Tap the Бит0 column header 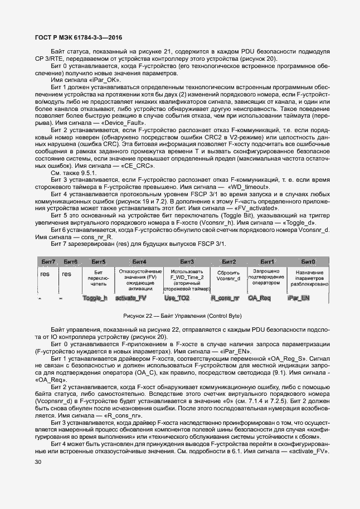click(x=308, y=261)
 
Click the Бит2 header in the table click(x=229, y=261)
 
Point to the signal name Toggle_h click(x=94, y=298)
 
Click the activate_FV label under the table click(x=130, y=298)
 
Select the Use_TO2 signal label click(x=177, y=298)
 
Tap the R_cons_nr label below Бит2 click(x=225, y=298)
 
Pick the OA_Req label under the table click(x=259, y=298)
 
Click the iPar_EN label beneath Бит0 click(x=299, y=298)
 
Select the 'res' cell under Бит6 click(x=66, y=274)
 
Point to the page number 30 click(x=38, y=462)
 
